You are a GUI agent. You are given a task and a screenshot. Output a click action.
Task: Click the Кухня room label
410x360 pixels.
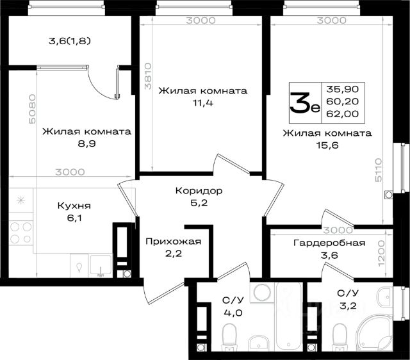click(x=74, y=206)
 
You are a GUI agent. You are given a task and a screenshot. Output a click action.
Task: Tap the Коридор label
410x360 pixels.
click(x=199, y=191)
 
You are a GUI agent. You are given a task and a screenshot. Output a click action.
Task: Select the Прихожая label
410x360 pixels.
click(x=174, y=241)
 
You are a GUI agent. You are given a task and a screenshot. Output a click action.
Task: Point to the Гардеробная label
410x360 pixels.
click(x=329, y=243)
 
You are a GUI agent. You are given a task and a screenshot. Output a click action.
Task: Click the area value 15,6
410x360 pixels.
click(x=327, y=145)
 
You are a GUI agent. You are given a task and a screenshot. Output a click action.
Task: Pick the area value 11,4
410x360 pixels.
click(x=203, y=103)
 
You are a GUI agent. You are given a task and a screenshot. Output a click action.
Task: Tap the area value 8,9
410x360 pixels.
click(x=87, y=143)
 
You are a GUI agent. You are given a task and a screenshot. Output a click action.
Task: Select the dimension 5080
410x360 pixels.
click(x=32, y=109)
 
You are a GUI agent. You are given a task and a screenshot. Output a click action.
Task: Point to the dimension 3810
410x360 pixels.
click(x=148, y=76)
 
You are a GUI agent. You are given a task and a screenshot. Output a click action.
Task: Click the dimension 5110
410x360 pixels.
click(x=379, y=170)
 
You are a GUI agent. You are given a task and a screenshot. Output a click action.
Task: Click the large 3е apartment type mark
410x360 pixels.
click(x=305, y=103)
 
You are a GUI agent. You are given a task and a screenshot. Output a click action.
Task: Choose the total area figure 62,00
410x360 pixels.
click(x=343, y=114)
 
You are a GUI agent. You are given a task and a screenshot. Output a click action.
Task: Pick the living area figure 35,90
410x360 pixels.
click(x=343, y=89)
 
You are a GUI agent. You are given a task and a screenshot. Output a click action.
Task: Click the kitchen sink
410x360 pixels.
click(x=101, y=265)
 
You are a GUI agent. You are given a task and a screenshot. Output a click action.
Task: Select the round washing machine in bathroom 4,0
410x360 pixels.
click(x=263, y=292)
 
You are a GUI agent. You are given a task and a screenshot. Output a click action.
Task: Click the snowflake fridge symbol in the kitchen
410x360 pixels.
click(x=20, y=200)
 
